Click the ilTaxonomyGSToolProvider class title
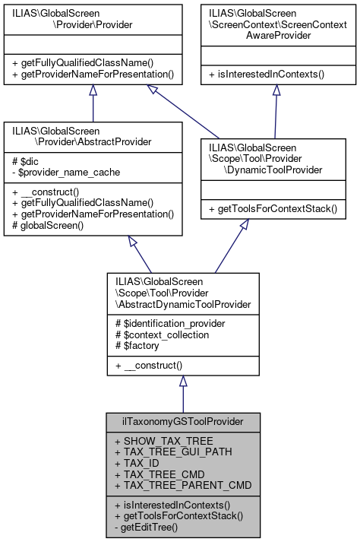182,420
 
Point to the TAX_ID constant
137,461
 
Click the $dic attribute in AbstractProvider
24,163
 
